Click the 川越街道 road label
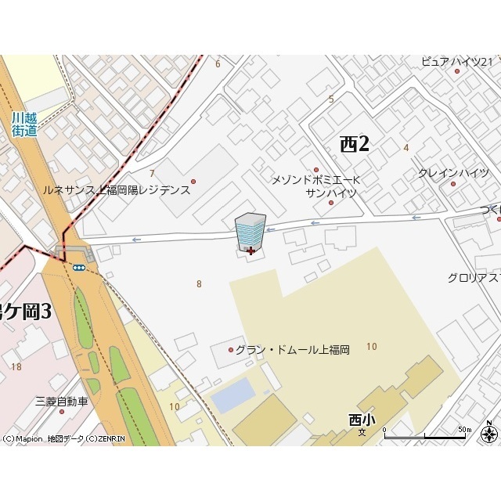tap(24, 124)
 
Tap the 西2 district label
tap(354, 144)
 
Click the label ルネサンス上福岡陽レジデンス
tap(116, 190)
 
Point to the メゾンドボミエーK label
tap(314, 180)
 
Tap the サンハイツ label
tap(330, 193)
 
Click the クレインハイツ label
tap(453, 173)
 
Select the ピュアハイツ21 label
tap(456, 62)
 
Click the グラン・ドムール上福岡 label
tap(292, 350)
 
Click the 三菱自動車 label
tap(62, 402)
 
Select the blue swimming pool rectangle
tap(233, 396)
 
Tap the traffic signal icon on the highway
tap(79, 267)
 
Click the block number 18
tap(16, 366)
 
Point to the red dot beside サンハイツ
tap(330, 203)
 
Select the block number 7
tap(152, 173)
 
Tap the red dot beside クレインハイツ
tap(452, 184)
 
